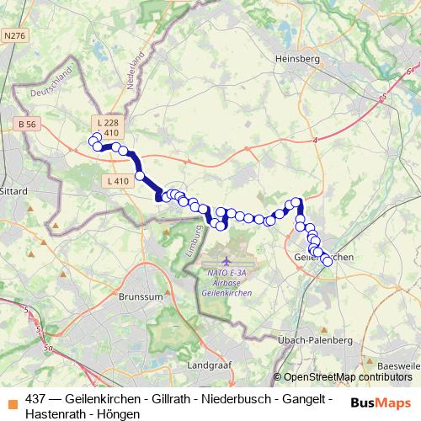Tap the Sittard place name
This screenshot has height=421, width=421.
[16, 191]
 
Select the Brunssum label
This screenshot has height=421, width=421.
[141, 297]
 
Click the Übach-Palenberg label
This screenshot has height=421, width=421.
[313, 339]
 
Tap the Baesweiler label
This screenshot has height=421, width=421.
[400, 366]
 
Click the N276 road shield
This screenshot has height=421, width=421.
[14, 36]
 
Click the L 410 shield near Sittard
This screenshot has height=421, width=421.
[117, 181]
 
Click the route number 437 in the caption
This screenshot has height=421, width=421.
[36, 398]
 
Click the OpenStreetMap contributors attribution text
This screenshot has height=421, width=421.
[346, 377]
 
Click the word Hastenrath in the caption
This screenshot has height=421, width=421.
[56, 413]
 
